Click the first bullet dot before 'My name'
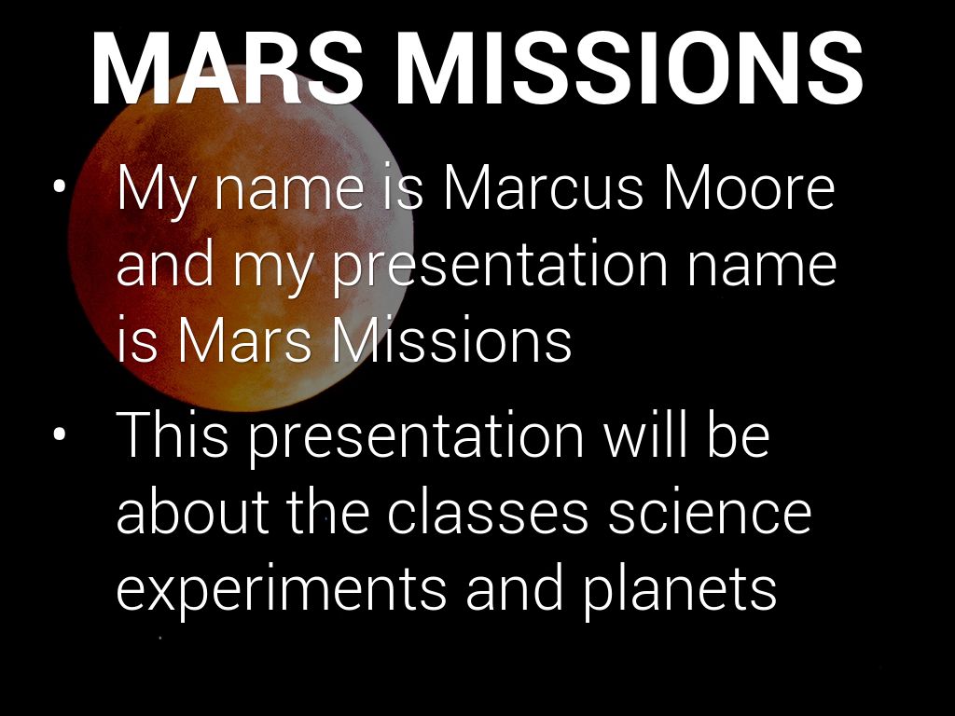59,186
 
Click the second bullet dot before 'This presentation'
59,434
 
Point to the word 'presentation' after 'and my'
500,267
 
